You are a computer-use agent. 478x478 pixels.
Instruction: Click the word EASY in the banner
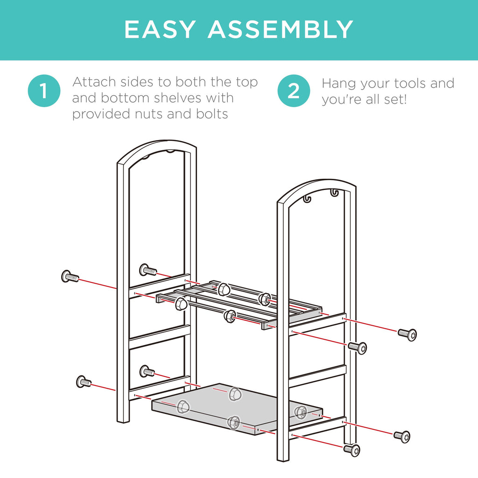tap(160, 29)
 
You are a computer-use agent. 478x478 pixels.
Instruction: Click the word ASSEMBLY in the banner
tap(281, 29)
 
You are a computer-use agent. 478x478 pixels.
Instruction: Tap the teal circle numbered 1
tap(44, 91)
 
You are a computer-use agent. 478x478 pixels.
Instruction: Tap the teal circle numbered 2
tap(294, 91)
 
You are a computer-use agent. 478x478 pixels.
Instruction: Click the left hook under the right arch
tap(307, 199)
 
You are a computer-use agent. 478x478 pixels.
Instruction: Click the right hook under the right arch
tap(334, 193)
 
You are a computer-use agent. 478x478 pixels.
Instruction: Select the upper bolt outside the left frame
tap(70, 276)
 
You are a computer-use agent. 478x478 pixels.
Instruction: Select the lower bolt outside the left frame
tap(83, 382)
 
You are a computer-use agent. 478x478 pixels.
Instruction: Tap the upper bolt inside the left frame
tap(148, 270)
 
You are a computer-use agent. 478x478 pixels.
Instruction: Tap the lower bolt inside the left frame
tap(147, 371)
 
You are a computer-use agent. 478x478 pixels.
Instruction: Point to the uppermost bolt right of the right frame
tap(407, 334)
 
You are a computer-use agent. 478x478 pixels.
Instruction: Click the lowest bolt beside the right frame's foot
tap(352, 450)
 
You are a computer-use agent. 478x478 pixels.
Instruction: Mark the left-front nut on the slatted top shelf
tap(181, 304)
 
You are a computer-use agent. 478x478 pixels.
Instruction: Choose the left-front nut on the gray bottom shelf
tap(183, 407)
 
